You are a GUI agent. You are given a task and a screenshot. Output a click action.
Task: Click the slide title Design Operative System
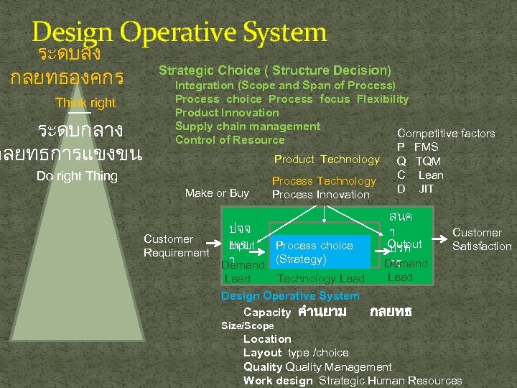click(180, 32)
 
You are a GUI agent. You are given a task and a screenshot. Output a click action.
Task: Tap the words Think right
click(85, 103)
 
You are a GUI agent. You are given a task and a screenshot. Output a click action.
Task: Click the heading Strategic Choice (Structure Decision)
click(275, 70)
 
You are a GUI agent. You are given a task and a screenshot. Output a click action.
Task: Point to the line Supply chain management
click(248, 126)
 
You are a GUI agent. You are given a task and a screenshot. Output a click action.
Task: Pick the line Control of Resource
click(230, 140)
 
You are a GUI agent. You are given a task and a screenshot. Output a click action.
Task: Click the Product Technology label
click(327, 160)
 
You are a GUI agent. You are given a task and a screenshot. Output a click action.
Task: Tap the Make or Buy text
click(217, 193)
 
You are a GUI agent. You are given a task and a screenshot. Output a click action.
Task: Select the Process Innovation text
click(320, 195)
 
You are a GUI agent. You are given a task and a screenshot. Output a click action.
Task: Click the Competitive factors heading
click(446, 134)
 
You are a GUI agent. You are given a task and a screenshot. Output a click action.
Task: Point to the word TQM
click(429, 161)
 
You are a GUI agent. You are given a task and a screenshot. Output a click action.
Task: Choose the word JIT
click(427, 189)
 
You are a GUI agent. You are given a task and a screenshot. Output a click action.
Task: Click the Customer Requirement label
click(177, 246)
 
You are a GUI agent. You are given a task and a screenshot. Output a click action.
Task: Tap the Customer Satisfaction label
click(482, 239)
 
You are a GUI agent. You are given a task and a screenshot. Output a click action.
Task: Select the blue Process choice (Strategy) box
click(320, 252)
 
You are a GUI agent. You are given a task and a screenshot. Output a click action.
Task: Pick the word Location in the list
click(267, 339)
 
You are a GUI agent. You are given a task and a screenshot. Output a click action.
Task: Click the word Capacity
click(267, 313)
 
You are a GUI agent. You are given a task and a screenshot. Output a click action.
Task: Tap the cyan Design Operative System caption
click(290, 296)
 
